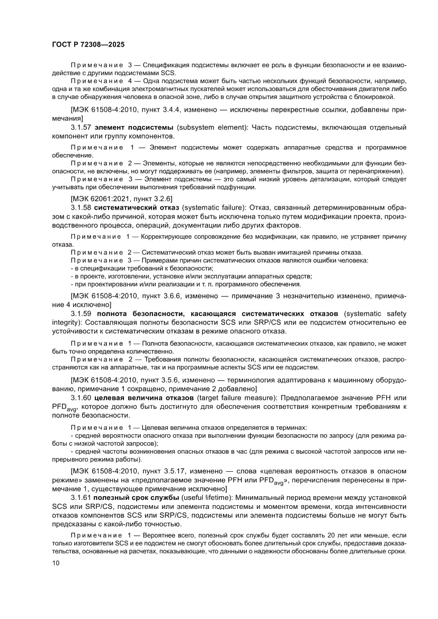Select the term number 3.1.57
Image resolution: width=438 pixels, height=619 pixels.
pyautogui.click(x=81, y=128)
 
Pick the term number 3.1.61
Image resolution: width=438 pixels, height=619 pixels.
pyautogui.click(x=81, y=498)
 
